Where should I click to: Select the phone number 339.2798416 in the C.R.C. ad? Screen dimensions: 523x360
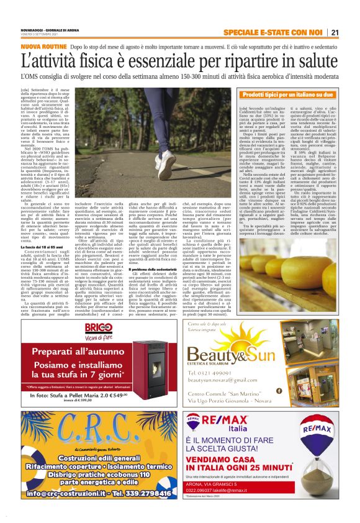pos(135,494)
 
